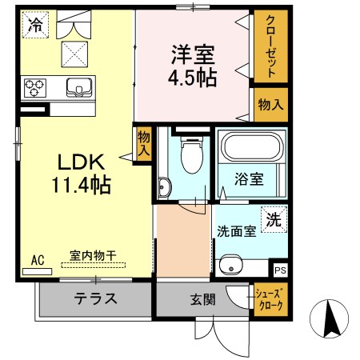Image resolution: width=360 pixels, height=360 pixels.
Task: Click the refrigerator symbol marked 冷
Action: (34, 25)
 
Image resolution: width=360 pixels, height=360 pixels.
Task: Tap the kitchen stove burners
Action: (35, 86)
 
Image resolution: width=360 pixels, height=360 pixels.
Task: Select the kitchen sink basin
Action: (78, 86)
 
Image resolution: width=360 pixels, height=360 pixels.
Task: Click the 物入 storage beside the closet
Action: (270, 105)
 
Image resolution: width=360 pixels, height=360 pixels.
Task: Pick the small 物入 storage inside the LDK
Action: (143, 145)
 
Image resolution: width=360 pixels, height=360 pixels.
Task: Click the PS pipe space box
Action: (278, 270)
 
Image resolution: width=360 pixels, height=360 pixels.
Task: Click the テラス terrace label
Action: (96, 300)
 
